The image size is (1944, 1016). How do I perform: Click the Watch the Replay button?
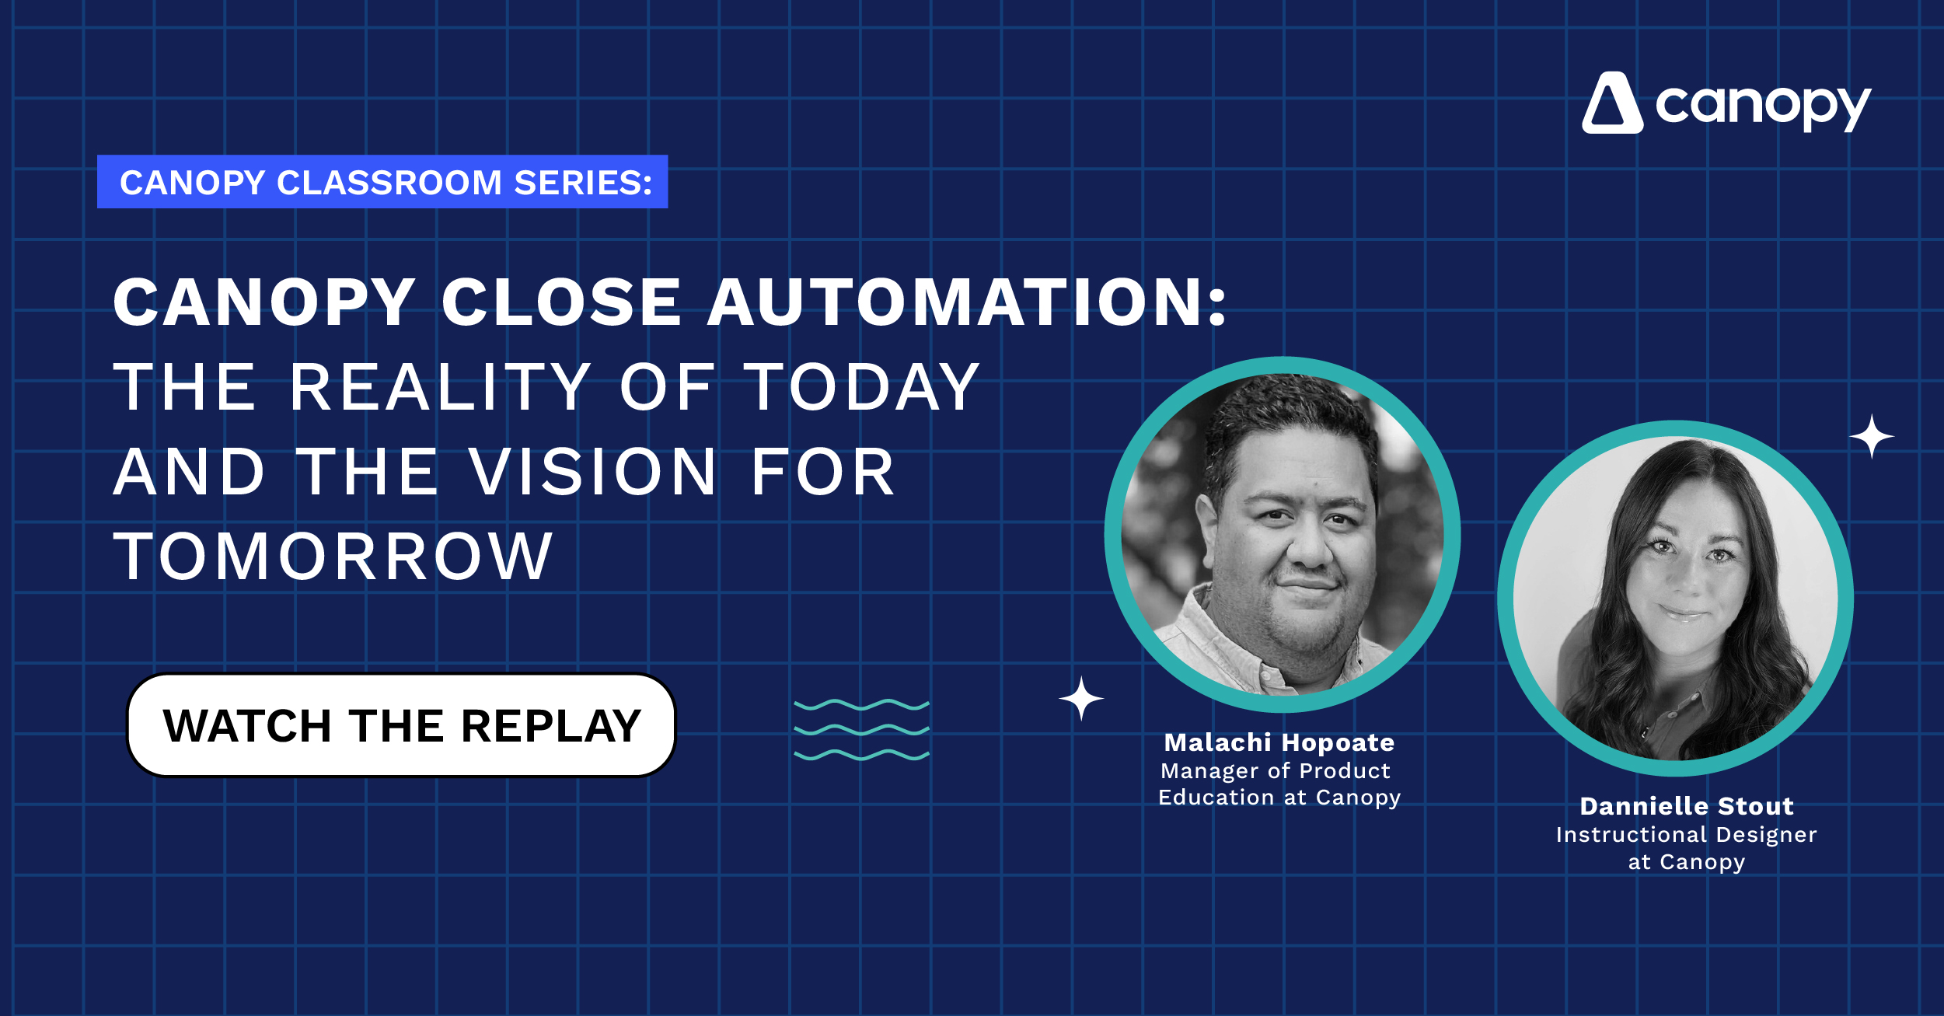tap(401, 725)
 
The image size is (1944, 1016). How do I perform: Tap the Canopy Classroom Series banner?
tap(382, 182)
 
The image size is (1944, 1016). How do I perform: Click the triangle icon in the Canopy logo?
tap(1612, 103)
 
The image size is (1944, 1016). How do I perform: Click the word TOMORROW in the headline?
tap(333, 557)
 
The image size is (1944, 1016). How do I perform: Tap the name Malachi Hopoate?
tap(1279, 742)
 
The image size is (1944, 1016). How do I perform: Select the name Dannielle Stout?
tap(1687, 806)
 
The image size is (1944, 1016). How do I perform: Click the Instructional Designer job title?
tap(1687, 835)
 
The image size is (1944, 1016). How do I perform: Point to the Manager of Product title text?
tap(1276, 771)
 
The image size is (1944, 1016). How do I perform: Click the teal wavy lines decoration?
tap(861, 730)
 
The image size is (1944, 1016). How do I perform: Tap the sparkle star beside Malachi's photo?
tap(1081, 698)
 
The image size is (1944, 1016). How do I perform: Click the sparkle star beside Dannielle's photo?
tap(1872, 436)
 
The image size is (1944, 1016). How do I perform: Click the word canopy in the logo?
tap(1763, 106)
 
